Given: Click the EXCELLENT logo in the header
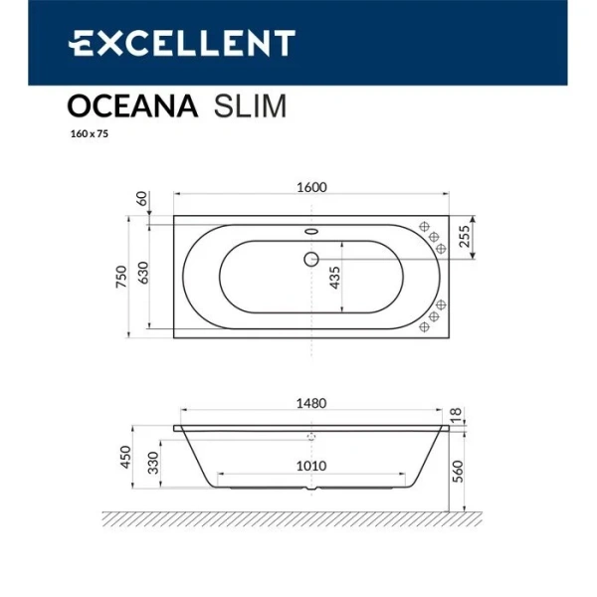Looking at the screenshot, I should point(181,43).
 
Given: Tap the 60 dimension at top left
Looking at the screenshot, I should point(142,198).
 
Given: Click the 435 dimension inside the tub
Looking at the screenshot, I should point(335,277).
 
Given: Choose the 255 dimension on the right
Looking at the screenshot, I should point(464,236).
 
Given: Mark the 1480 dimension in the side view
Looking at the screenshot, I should point(312,404).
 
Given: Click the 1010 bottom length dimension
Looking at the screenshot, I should point(312,466).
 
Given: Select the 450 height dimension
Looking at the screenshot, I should point(125,457).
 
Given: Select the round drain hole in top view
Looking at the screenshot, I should point(310,261).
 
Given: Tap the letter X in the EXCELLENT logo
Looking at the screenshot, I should point(106,43).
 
